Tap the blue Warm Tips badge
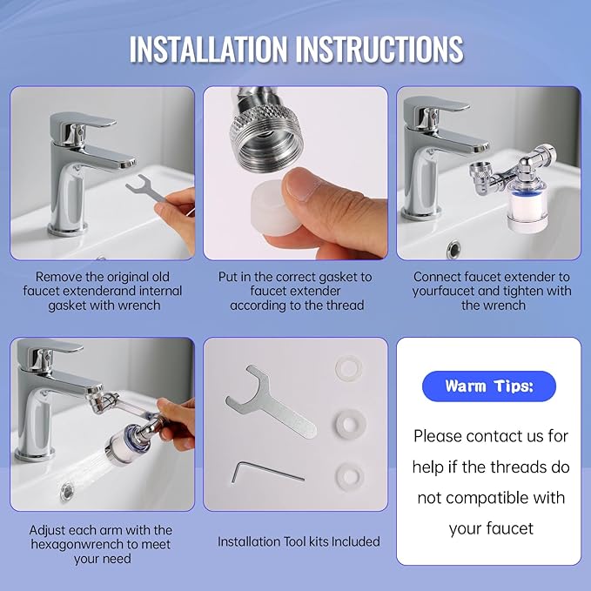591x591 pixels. [x=488, y=386]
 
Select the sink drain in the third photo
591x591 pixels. [x=453, y=250]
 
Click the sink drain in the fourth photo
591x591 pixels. [x=67, y=492]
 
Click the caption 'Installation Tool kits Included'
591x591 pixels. [x=299, y=541]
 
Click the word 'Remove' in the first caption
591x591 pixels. [x=59, y=276]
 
